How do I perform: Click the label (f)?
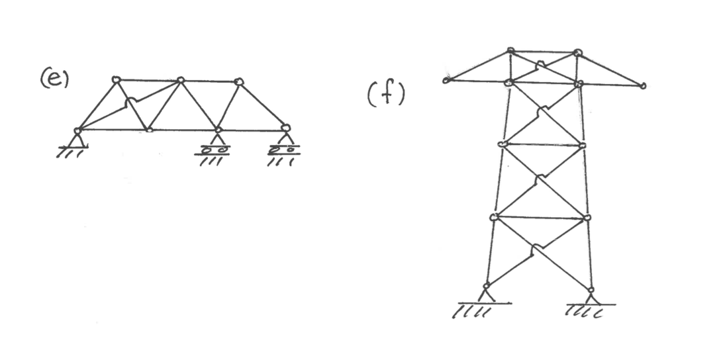click(x=385, y=95)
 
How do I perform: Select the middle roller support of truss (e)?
click(x=217, y=141)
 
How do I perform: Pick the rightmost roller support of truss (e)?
click(x=285, y=141)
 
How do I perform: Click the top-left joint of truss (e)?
click(x=116, y=80)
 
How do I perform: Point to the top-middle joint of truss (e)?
click(x=180, y=81)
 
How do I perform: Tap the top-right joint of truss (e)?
click(x=239, y=82)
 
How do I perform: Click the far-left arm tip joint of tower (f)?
click(x=446, y=81)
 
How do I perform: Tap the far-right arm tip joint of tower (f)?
click(x=642, y=85)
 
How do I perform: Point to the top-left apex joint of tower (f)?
click(x=510, y=50)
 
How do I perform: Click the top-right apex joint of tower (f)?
click(x=578, y=52)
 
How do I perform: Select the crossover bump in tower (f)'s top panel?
click(x=542, y=64)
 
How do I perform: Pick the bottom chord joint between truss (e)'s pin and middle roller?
click(x=150, y=130)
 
